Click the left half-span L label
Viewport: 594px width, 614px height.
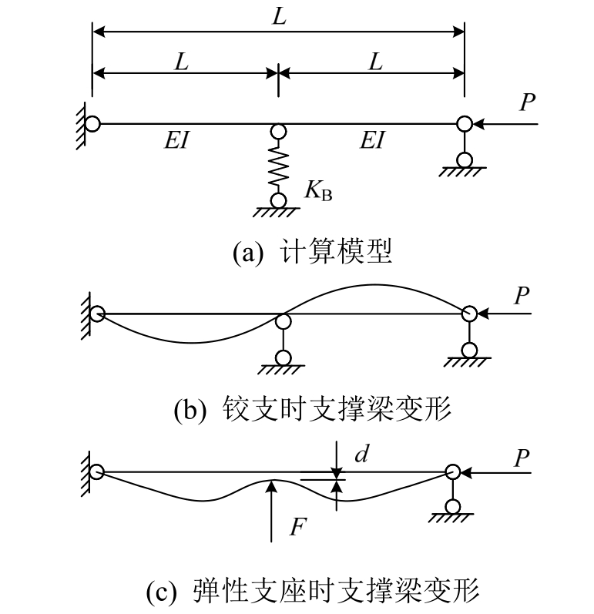(182, 61)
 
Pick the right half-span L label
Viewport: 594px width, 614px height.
(375, 61)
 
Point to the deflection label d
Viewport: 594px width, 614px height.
(359, 455)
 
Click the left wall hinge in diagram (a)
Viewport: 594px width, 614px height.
(92, 122)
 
